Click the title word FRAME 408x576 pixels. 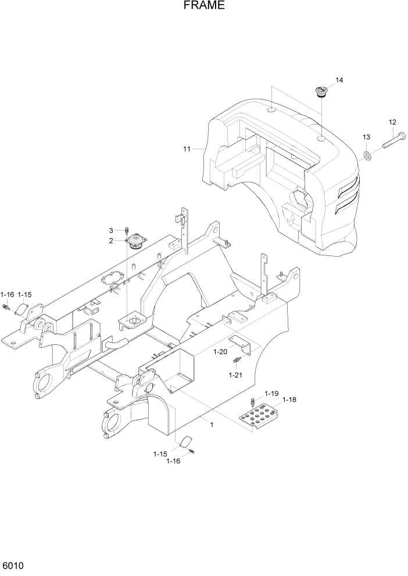(x=204, y=6)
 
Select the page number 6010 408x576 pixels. (x=14, y=565)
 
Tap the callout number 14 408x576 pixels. (x=339, y=80)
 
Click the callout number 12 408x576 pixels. (x=392, y=122)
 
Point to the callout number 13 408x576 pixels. (x=366, y=136)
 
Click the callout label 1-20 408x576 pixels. (x=220, y=352)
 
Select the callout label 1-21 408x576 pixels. (x=235, y=375)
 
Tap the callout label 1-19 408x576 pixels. (x=272, y=393)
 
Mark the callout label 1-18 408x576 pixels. (x=289, y=400)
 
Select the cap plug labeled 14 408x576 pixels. (x=320, y=91)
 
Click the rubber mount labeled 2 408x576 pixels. (x=137, y=241)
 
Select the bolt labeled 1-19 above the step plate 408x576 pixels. (x=253, y=401)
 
